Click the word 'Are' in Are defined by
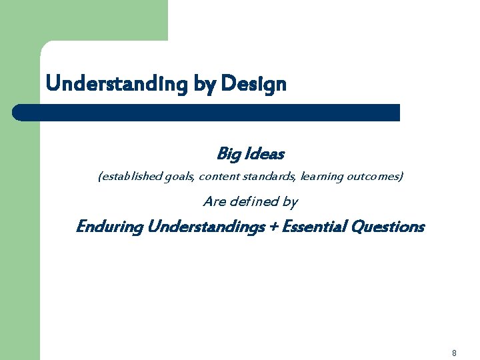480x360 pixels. pos(213,201)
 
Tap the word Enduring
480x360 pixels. pos(109,227)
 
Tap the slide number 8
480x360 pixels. pos(454,353)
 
